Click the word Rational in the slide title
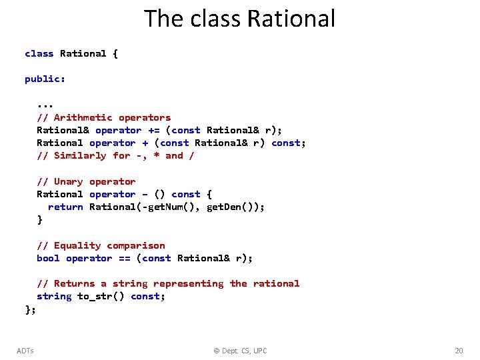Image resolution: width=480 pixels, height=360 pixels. [x=291, y=19]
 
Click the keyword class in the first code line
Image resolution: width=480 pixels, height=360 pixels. [x=39, y=53]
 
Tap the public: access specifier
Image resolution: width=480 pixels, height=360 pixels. [x=45, y=79]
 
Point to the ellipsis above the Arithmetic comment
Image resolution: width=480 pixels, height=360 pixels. [x=45, y=105]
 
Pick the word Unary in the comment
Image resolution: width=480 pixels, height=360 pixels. [x=69, y=181]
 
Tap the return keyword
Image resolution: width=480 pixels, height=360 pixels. [x=65, y=207]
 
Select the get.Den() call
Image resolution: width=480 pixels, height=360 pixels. [x=233, y=207]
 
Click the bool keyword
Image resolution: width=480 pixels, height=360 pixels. [x=48, y=258]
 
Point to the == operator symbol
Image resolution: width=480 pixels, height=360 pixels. [x=124, y=258]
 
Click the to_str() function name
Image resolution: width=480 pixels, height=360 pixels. [x=101, y=296]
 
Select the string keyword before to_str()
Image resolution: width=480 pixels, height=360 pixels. [x=54, y=296]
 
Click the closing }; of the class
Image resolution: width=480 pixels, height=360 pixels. [x=31, y=309]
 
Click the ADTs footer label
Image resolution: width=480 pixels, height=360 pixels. [x=25, y=351]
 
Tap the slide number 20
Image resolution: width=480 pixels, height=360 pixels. [x=458, y=351]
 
